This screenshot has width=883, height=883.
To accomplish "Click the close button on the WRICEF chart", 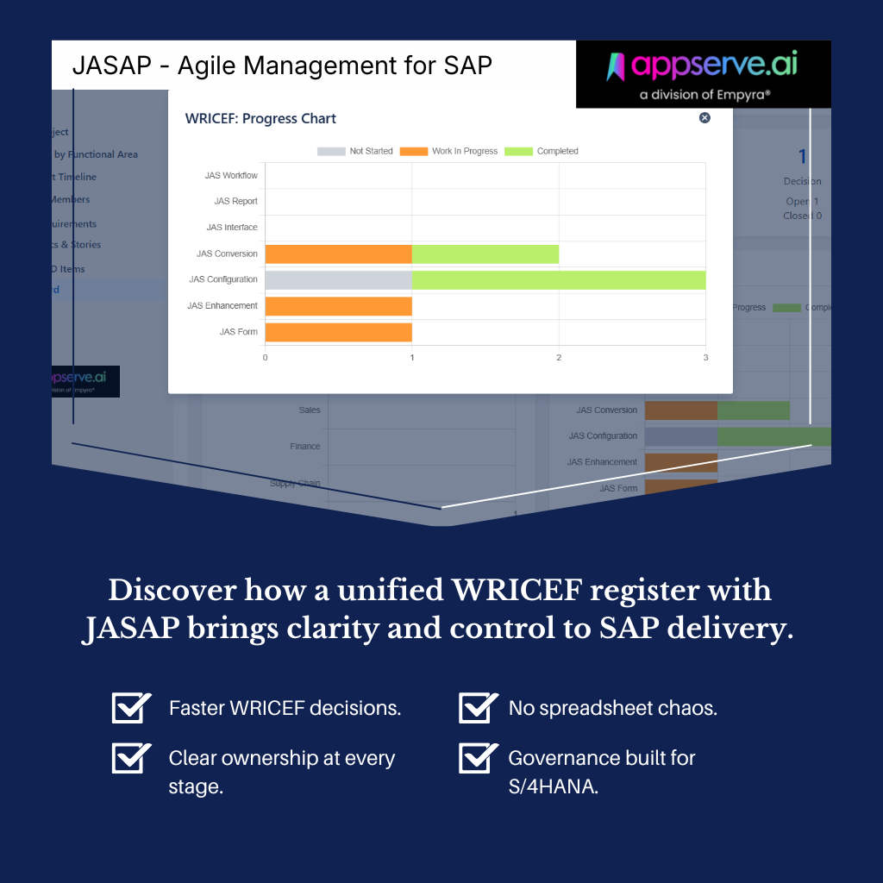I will [705, 118].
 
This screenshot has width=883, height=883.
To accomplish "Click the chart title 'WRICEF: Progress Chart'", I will [260, 119].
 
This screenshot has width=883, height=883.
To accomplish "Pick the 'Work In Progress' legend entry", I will [449, 151].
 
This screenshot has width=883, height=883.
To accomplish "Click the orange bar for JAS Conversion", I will [338, 254].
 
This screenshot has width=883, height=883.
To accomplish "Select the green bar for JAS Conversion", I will [485, 254].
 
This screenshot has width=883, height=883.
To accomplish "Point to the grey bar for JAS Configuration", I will [338, 280].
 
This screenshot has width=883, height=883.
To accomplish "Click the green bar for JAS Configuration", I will [559, 280].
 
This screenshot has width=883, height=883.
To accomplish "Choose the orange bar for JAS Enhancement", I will [338, 306].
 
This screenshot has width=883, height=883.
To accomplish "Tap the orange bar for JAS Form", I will [338, 332].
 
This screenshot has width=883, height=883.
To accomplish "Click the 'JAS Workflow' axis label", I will [231, 176].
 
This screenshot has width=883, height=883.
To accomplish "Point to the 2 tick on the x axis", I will [559, 358].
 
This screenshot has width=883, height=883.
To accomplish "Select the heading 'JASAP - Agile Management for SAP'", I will [282, 66].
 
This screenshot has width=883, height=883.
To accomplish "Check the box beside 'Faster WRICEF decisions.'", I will [131, 708].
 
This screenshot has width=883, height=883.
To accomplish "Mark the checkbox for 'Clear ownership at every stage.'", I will [131, 758].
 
